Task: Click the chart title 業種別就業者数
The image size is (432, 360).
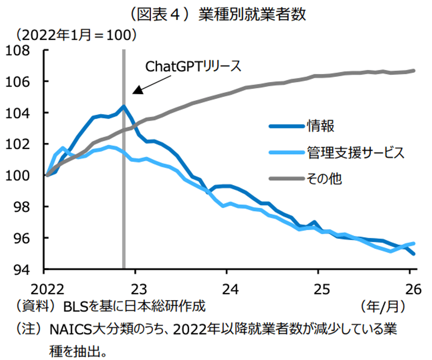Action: pos(252,14)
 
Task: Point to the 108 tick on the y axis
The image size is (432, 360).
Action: pos(18,50)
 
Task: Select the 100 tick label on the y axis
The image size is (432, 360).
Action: pos(18,176)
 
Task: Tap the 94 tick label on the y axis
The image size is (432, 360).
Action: pos(22,270)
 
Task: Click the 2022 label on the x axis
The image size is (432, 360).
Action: pos(47,289)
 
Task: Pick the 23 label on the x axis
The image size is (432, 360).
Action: pos(139,289)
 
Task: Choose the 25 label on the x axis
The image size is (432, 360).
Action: pos(322,289)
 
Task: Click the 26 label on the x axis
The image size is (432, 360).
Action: pos(413,289)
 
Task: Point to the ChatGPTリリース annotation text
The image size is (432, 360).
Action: pos(193,66)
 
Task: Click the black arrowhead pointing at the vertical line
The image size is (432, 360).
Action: pos(138,90)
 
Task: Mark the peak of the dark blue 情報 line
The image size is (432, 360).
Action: pos(124,106)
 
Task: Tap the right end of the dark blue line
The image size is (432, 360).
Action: pos(414,254)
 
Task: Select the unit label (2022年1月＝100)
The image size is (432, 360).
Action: pos(76,35)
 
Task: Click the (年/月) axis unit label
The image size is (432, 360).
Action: pos(382,306)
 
